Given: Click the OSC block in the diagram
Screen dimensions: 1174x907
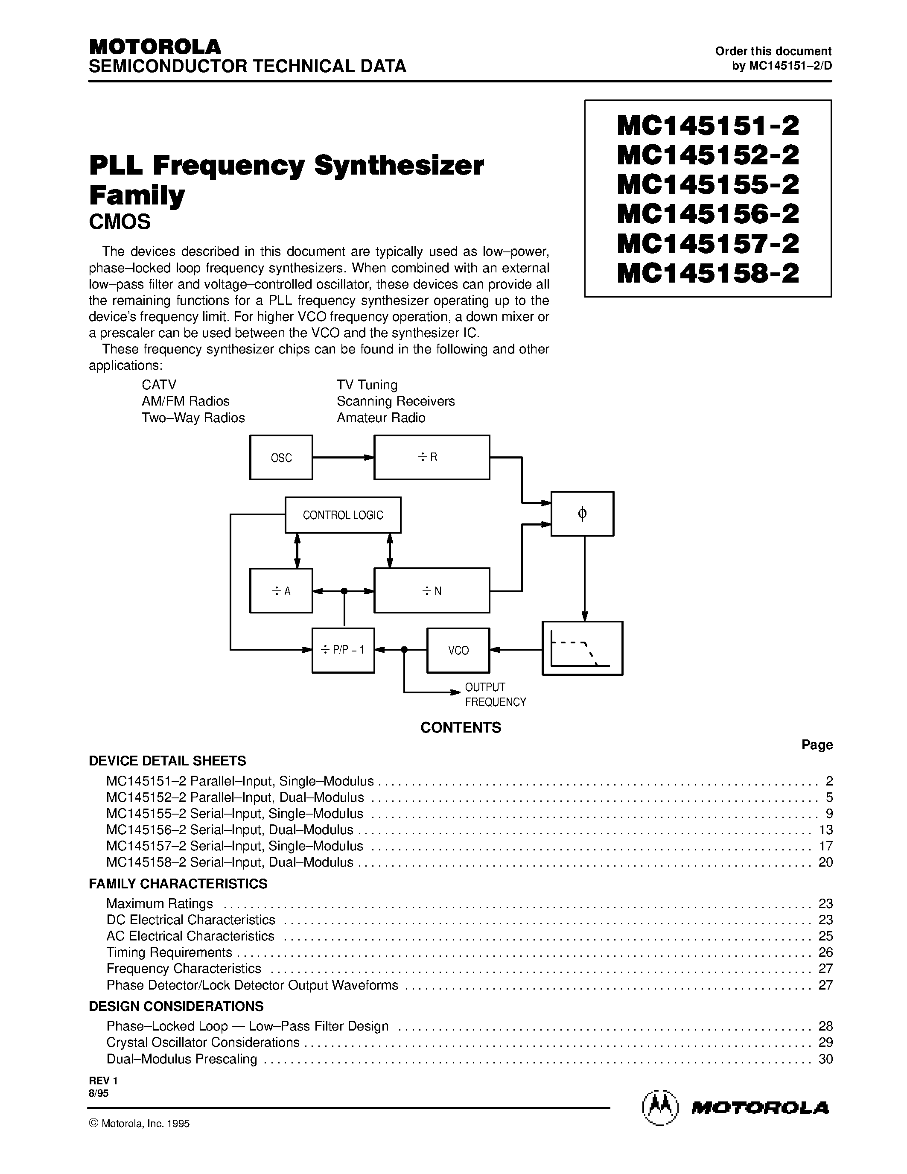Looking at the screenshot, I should click(281, 458).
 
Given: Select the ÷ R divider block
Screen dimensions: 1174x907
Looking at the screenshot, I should click(432, 458).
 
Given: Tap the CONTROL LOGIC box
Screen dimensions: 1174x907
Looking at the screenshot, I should click(343, 515).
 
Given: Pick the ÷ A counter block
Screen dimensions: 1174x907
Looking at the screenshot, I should click(281, 591).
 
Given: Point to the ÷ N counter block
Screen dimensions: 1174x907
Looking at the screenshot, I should click(432, 591).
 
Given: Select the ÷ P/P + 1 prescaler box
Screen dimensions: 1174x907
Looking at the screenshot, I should click(343, 650).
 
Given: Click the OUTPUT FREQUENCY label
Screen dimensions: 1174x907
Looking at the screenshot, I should click(495, 695).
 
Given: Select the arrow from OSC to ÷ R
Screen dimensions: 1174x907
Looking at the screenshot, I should click(343, 458).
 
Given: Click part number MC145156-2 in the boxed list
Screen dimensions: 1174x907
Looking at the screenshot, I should click(708, 214).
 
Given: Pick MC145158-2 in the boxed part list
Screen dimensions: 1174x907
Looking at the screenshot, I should click(708, 273).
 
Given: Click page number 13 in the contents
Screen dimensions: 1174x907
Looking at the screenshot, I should click(825, 829).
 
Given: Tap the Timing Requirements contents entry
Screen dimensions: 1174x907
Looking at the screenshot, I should click(169, 952).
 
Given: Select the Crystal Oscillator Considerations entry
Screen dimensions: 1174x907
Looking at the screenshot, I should click(203, 1043).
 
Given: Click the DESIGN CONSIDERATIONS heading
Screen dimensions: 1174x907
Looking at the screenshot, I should click(176, 1006).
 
